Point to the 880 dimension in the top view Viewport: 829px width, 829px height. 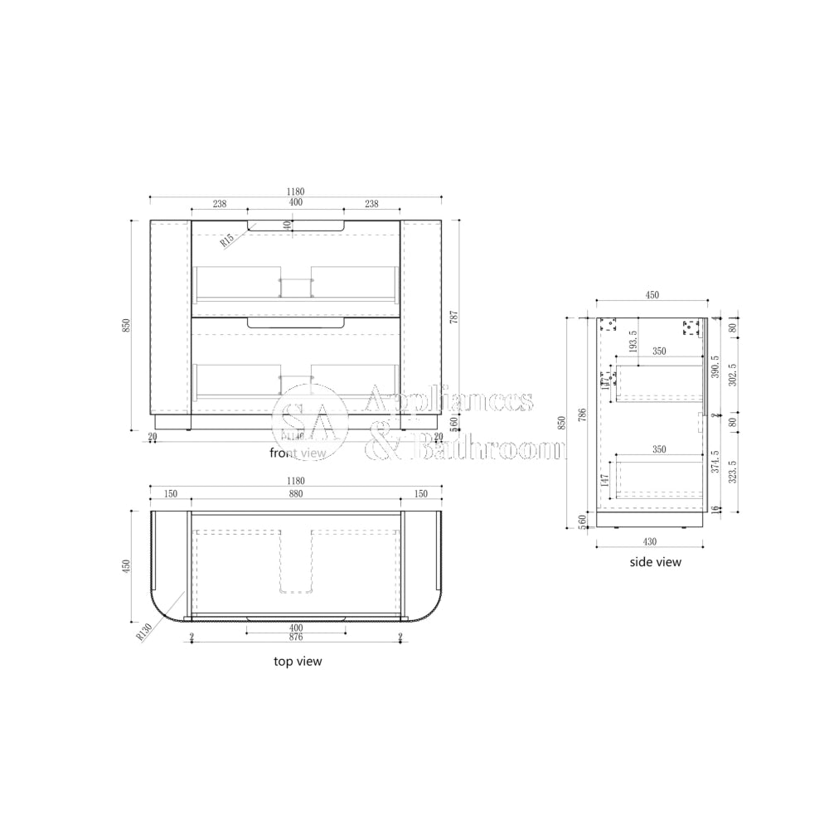tap(296, 493)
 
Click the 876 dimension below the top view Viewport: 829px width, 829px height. tap(296, 637)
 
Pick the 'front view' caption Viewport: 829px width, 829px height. tap(298, 453)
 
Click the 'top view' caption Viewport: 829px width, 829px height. tap(298, 661)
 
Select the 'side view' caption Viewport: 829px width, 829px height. tap(655, 561)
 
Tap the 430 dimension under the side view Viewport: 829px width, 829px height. tap(650, 541)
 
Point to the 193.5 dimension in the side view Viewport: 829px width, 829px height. tap(634, 340)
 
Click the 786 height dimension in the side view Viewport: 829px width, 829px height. tap(583, 414)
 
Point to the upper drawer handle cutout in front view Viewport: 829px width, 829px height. tap(296, 225)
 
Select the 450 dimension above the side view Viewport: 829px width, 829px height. tap(652, 294)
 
